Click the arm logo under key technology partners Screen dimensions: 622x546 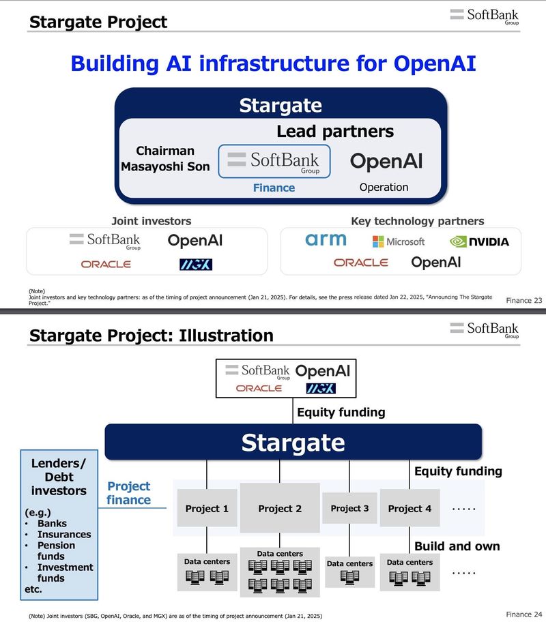[326, 240]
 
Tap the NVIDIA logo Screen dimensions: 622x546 [478, 241]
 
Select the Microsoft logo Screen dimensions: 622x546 [399, 241]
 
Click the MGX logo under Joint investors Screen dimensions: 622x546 [191, 264]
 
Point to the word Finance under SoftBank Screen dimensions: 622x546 [274, 188]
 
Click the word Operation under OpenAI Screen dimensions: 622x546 [384, 187]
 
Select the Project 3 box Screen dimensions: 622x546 [349, 508]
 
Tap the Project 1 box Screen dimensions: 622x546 [207, 508]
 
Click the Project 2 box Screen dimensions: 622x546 [280, 508]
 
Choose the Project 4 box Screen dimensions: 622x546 [409, 508]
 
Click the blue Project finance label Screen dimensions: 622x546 [128, 493]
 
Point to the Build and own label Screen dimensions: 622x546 [457, 546]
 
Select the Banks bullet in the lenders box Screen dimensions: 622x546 [52, 524]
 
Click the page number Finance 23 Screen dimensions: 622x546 [523, 300]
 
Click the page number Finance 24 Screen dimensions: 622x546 [523, 614]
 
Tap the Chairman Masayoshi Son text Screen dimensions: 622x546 [165, 158]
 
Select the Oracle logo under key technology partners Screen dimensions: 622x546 [360, 263]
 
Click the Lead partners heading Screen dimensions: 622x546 [334, 132]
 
